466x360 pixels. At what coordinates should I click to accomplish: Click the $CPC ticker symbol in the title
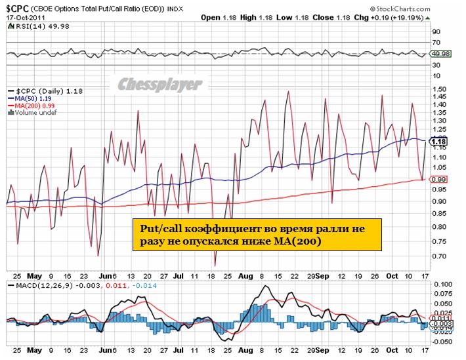click(20, 6)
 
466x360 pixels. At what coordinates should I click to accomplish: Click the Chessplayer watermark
click(161, 84)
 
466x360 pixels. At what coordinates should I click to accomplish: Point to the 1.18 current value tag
click(438, 141)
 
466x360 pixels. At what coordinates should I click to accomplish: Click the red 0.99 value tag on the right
click(438, 179)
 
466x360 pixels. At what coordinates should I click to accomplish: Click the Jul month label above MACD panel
click(179, 276)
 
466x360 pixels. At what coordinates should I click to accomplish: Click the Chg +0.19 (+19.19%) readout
click(394, 17)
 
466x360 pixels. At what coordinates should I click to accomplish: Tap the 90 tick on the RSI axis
click(434, 31)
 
